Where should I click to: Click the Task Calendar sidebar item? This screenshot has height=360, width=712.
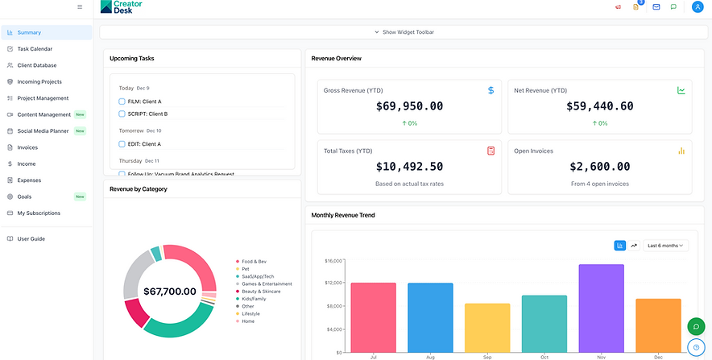click(x=35, y=49)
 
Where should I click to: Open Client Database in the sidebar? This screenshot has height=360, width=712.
click(x=37, y=65)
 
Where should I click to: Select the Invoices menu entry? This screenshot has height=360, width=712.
click(x=27, y=147)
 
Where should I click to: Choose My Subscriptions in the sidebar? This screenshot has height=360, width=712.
click(x=39, y=213)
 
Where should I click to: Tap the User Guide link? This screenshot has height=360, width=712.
click(x=31, y=238)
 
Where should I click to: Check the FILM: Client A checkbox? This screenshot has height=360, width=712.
click(x=122, y=101)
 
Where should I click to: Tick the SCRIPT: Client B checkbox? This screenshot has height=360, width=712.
click(x=122, y=114)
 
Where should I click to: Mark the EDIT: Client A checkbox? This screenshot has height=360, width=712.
click(x=122, y=144)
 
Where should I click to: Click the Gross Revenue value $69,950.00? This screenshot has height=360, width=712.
click(x=409, y=106)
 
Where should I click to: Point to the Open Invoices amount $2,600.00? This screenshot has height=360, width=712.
click(x=599, y=167)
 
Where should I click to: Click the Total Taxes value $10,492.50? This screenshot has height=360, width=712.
click(x=409, y=167)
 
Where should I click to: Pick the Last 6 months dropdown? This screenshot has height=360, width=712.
click(x=665, y=246)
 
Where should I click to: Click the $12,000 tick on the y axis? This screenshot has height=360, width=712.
click(x=333, y=283)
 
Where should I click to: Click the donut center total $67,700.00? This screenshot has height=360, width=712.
click(x=169, y=292)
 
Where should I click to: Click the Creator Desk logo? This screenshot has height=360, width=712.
click(x=123, y=7)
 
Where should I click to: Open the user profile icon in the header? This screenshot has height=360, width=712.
click(x=697, y=7)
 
